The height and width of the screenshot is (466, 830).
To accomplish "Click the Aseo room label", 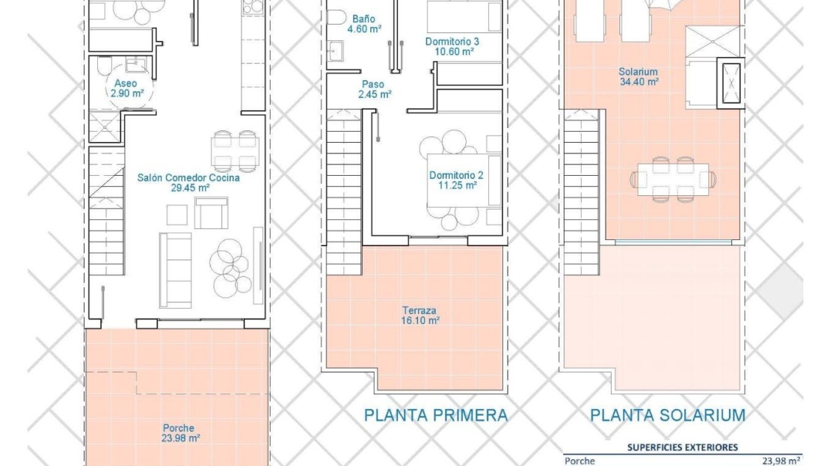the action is pyautogui.click(x=126, y=84).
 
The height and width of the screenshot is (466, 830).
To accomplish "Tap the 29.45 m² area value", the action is pyautogui.click(x=190, y=188).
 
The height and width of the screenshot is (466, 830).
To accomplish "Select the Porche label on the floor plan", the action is pyautogui.click(x=179, y=428).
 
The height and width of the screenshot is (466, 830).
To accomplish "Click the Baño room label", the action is pyautogui.click(x=363, y=19).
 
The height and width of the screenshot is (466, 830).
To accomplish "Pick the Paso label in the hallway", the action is pyautogui.click(x=373, y=85).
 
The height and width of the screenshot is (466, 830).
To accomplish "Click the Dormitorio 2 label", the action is pyautogui.click(x=456, y=175).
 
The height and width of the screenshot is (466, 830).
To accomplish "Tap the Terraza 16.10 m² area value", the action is pyautogui.click(x=420, y=320).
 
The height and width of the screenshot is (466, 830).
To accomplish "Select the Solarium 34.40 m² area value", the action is pyautogui.click(x=639, y=82).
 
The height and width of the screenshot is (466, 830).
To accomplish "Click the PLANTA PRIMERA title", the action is pyautogui.click(x=436, y=415).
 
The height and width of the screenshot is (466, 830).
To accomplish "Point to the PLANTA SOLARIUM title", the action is pyautogui.click(x=668, y=415).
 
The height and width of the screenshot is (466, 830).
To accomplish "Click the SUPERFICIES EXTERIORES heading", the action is pyautogui.click(x=682, y=447).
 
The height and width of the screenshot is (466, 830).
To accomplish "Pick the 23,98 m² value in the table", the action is pyautogui.click(x=782, y=462).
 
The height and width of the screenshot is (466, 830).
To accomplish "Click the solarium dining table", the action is pyautogui.click(x=673, y=179).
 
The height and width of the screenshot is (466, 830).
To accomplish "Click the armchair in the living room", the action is pyautogui.click(x=211, y=212).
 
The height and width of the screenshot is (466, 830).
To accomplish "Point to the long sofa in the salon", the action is pyautogui.click(x=175, y=270).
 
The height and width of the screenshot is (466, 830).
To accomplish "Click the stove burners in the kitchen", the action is pyautogui.click(x=253, y=7).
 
